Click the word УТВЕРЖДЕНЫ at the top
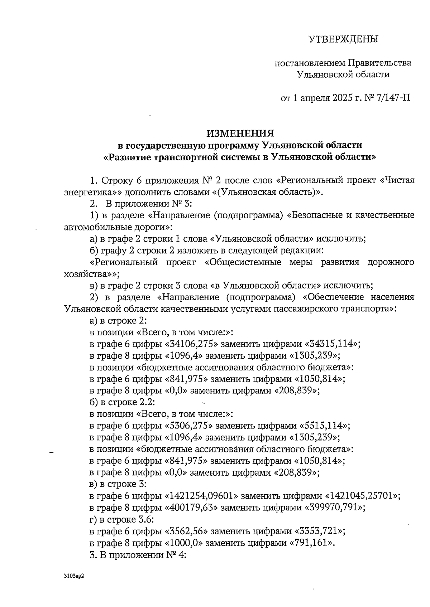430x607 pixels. [344, 39]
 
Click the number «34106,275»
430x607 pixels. [191, 344]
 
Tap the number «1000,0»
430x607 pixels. [183, 543]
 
